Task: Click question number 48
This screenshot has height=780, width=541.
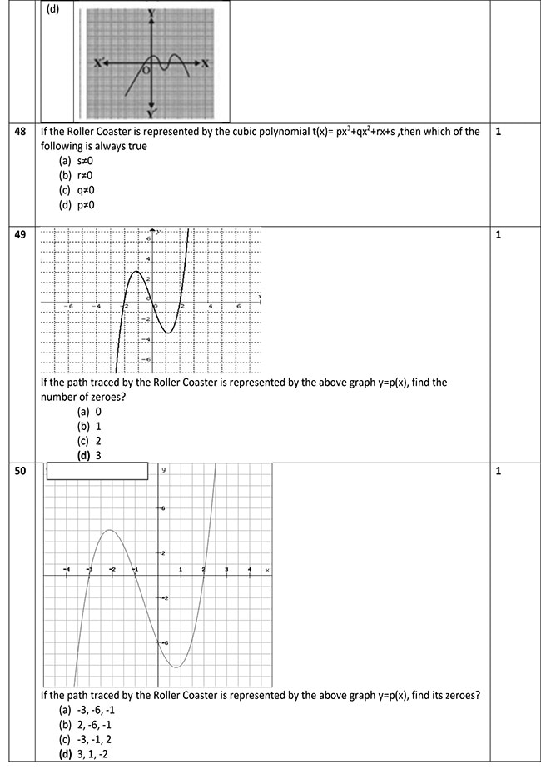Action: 20,132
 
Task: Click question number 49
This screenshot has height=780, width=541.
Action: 20,235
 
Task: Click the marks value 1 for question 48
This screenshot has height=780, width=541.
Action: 498,132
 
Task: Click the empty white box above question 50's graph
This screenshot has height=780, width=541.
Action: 97,472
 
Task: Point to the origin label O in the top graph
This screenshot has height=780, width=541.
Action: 146,71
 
